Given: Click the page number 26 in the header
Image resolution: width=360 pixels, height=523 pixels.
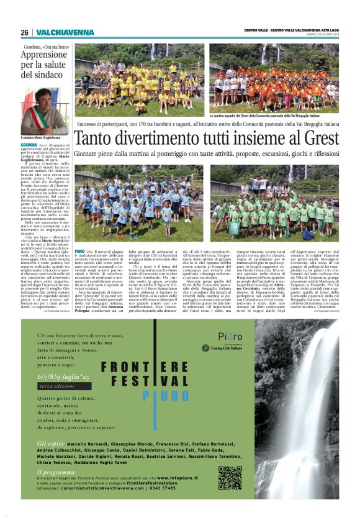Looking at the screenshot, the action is [x=24, y=32].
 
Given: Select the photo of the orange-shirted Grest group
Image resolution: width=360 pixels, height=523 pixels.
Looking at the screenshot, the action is [x=274, y=78].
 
